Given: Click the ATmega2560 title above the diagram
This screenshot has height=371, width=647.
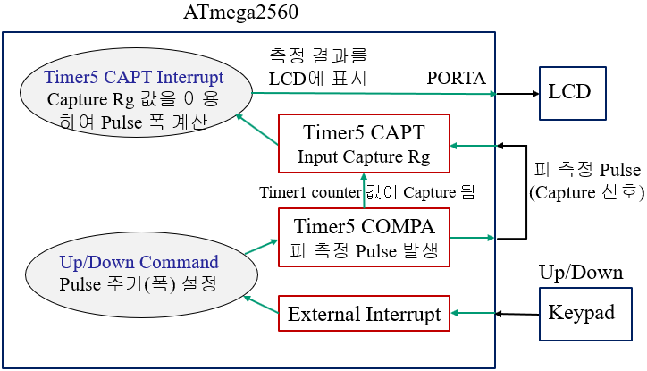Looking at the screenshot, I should (x=240, y=13).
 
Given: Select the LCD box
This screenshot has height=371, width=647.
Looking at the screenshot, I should (x=571, y=92).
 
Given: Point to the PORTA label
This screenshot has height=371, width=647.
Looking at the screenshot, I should (x=457, y=78).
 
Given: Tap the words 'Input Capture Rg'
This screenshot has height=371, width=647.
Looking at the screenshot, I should (x=365, y=158).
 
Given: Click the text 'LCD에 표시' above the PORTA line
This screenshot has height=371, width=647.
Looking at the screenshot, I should (x=317, y=78).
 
